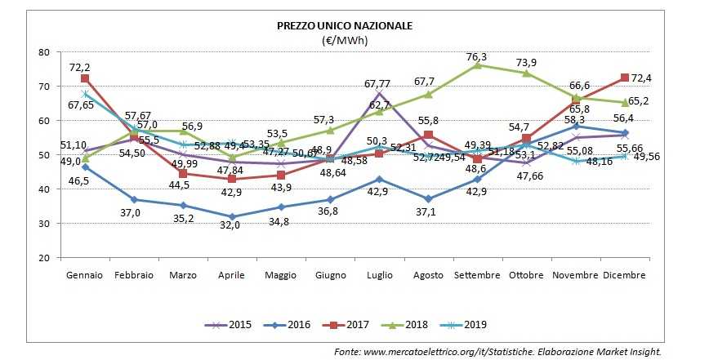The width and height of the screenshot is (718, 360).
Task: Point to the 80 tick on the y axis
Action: [x=44, y=52]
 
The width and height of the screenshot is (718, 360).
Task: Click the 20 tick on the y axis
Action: [x=44, y=258]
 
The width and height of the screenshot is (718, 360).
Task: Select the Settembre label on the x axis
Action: [x=476, y=275]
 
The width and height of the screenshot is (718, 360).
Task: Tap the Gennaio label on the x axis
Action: [x=84, y=275]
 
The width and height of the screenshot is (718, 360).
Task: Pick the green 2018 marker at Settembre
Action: [x=476, y=64]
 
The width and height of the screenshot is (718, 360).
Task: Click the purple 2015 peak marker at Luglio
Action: [x=378, y=94]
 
